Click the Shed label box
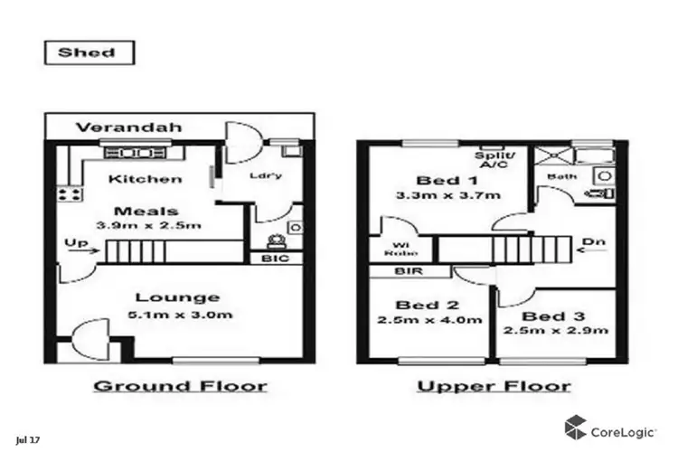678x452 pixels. click(88, 52)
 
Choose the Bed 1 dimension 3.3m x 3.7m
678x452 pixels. click(434, 195)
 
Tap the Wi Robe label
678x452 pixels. click(398, 249)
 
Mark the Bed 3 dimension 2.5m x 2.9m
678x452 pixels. click(555, 331)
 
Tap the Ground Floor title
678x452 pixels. click(181, 386)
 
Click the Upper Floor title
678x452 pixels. click(493, 386)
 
